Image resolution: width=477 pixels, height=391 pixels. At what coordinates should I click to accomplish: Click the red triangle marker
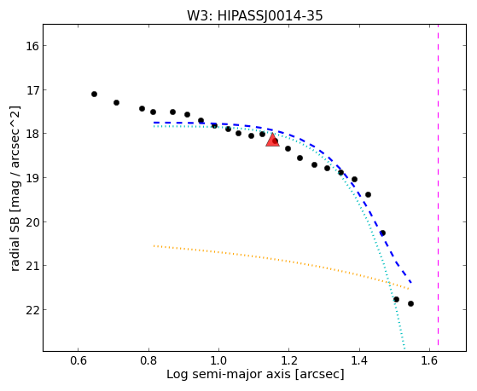[272, 140]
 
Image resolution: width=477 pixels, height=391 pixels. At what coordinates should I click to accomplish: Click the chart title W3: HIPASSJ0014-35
[254, 15]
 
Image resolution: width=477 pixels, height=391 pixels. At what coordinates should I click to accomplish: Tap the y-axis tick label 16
[32, 46]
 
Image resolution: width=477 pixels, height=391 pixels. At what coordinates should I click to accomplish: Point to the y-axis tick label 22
[32, 310]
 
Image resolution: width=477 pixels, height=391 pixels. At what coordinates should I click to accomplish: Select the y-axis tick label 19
[32, 178]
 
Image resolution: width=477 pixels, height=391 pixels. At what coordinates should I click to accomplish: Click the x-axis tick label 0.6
[79, 360]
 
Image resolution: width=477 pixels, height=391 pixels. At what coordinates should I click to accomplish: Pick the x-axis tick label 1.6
[429, 360]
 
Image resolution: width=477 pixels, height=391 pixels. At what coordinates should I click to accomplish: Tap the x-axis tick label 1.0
[218, 360]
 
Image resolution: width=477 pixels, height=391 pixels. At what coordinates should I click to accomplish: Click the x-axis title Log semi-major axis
[228, 374]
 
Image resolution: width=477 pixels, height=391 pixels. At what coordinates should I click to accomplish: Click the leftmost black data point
[95, 95]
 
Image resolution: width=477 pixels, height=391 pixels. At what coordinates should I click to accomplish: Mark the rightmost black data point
[410, 303]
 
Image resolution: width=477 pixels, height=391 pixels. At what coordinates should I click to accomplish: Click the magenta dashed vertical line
[438, 185]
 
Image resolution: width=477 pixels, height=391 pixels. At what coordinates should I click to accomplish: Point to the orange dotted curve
[282, 261]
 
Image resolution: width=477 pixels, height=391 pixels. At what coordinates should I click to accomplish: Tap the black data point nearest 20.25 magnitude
[382, 233]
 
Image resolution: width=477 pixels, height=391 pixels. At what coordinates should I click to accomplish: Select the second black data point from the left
[116, 103]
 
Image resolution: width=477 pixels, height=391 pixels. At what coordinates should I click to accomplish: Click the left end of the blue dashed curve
[154, 123]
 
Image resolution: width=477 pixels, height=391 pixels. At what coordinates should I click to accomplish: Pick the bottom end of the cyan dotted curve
[404, 348]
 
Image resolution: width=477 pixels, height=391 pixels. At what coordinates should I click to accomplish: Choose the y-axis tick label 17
[32, 90]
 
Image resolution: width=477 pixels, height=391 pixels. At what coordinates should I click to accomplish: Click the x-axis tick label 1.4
[359, 360]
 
